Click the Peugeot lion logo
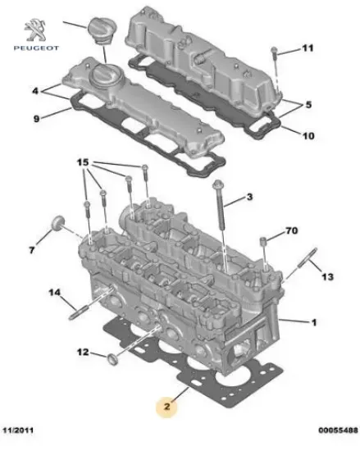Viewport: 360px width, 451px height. (35, 30)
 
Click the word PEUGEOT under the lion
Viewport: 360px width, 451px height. (36, 48)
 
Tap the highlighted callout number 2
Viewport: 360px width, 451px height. (167, 407)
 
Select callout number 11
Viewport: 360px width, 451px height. (308, 48)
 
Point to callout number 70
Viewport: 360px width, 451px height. (292, 230)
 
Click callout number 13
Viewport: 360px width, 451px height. (327, 276)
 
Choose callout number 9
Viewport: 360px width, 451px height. (36, 119)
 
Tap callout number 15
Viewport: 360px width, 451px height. (83, 162)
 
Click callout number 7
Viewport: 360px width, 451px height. (32, 250)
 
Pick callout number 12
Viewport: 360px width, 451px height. (83, 352)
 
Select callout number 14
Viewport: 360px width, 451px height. (55, 293)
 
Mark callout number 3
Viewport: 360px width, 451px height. (249, 197)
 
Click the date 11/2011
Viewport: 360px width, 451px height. (18, 430)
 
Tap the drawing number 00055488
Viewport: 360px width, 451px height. (338, 430)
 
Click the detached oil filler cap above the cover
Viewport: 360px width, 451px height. (99, 31)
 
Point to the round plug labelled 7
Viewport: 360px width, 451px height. (57, 222)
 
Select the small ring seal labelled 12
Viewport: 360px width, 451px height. (112, 359)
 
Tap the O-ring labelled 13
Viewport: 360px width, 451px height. (307, 257)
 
